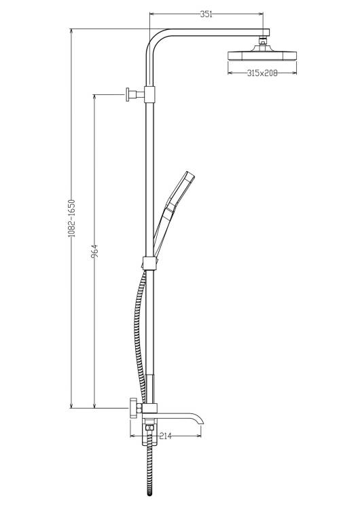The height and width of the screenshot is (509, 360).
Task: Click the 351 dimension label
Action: (x=206, y=14)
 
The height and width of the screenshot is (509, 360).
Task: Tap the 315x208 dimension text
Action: (x=262, y=73)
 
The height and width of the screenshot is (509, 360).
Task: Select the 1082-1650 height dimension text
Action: (x=72, y=218)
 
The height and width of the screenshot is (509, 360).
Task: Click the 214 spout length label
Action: (x=165, y=436)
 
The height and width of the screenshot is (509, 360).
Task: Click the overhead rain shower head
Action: (x=262, y=54)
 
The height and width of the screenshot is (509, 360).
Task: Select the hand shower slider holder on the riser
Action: (x=150, y=263)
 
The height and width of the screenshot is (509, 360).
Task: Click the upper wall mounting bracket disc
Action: (x=128, y=94)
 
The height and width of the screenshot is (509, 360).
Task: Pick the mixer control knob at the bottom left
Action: (x=134, y=408)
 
